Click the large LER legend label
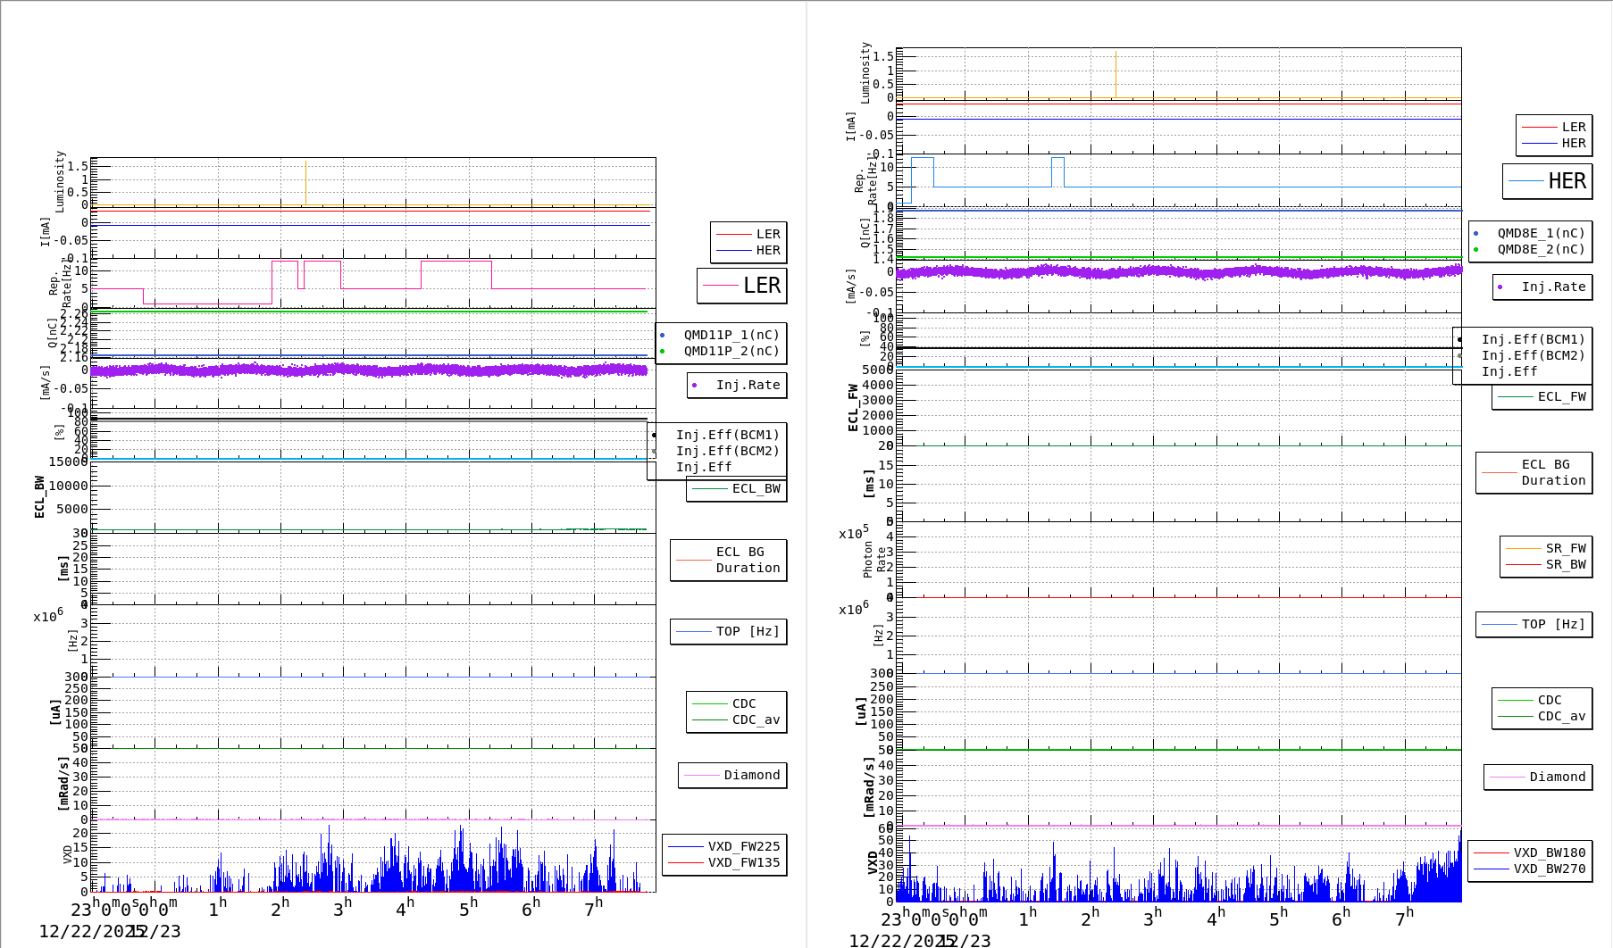(x=761, y=286)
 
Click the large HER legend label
(x=1567, y=181)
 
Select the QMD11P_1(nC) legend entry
(x=731, y=335)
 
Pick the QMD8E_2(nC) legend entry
(x=1541, y=249)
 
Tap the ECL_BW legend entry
(x=756, y=488)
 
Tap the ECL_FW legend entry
(x=1561, y=396)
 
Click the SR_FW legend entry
(x=1565, y=548)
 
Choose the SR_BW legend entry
(x=1565, y=564)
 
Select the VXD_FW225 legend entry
(x=743, y=846)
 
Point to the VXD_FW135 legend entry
(x=743, y=862)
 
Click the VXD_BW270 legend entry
(x=1549, y=869)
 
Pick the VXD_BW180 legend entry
(x=1549, y=852)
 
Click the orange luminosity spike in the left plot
(x=305, y=183)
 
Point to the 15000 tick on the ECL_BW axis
(x=68, y=462)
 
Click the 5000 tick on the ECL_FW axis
(x=877, y=370)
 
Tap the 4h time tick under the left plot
(x=405, y=908)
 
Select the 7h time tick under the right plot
(x=1403, y=918)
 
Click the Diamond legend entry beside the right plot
(x=1557, y=777)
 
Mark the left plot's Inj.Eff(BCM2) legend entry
(x=727, y=451)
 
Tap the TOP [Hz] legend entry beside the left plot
(x=747, y=631)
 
